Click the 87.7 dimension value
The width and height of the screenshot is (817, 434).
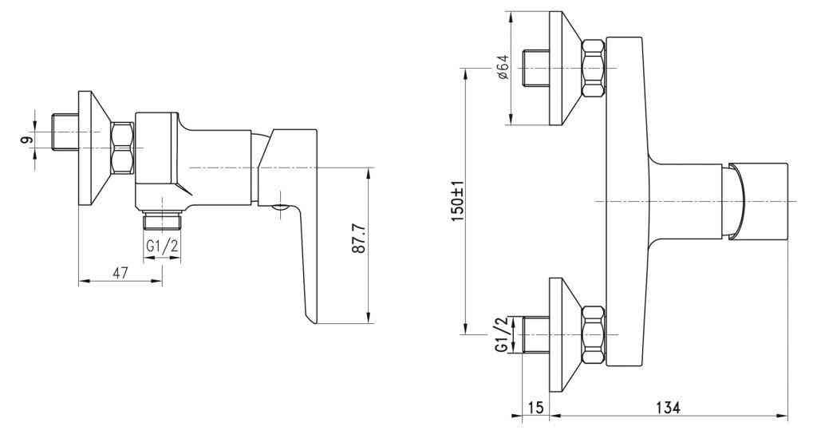pos(358,239)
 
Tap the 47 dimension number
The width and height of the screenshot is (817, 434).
pos(120,272)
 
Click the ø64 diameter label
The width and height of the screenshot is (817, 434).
pos(503,67)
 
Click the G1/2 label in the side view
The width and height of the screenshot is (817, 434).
pos(161,246)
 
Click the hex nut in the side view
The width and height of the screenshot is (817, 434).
pos(122,148)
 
